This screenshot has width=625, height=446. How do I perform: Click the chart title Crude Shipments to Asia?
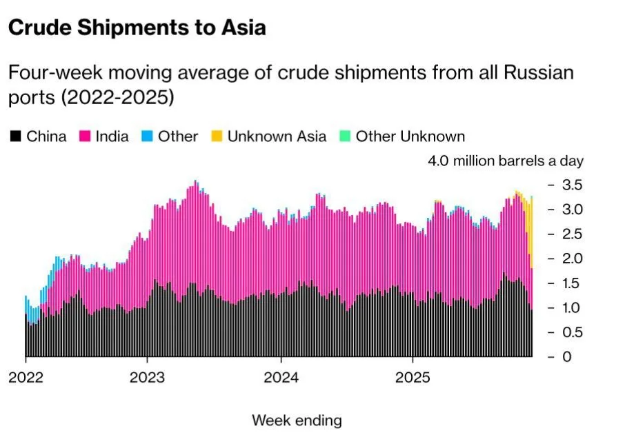coord(137,28)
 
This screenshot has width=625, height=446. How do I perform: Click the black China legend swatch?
coord(15,136)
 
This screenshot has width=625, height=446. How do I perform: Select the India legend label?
coord(112,136)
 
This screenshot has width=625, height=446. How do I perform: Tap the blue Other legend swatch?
coord(147,136)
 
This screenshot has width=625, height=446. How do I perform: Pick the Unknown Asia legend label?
coord(277,136)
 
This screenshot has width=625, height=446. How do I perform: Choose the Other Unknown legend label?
coord(410,136)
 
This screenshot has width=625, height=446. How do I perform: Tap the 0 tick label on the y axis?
coord(566,357)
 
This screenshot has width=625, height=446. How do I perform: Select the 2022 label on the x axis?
coord(26,378)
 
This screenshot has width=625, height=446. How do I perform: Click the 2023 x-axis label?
coord(147,378)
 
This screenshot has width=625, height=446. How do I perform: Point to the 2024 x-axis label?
coord(281,378)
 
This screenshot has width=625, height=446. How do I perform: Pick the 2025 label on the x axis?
coord(412,378)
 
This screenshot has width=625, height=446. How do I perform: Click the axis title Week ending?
coord(297,420)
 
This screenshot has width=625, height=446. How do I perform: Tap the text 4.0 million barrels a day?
coord(506,161)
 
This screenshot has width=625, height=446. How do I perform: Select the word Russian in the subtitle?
coord(541,72)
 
